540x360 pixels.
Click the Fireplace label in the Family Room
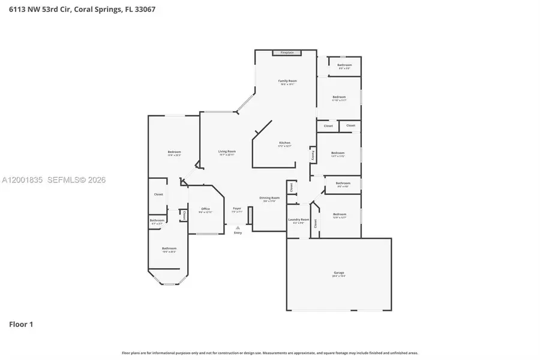click(287, 53)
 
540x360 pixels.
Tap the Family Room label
click(287, 81)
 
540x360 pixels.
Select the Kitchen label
click(284, 143)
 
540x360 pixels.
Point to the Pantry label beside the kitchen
click(313, 155)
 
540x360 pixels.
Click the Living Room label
click(227, 152)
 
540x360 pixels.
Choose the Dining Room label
click(269, 199)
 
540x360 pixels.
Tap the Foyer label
click(237, 209)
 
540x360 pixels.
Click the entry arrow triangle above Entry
click(238, 227)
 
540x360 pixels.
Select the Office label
click(205, 209)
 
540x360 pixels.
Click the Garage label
click(339, 274)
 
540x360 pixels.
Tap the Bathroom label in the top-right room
click(344, 65)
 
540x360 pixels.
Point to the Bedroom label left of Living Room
click(174, 152)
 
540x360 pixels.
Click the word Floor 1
click(21, 325)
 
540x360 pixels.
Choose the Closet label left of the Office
click(184, 214)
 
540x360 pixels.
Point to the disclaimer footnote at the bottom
click(270, 353)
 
